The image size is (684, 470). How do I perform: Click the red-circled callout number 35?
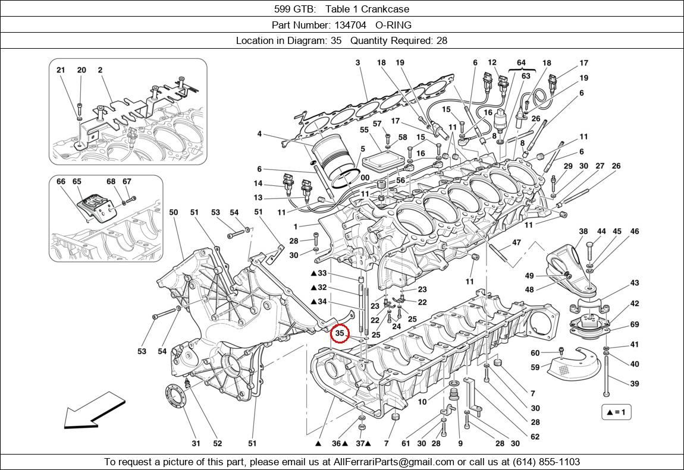340,334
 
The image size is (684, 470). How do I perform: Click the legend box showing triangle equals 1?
616,412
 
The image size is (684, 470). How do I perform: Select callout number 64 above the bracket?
521,63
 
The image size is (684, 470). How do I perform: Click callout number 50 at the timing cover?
173,212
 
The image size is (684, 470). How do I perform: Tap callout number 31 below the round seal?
196,443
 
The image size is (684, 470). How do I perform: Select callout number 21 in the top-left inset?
61,70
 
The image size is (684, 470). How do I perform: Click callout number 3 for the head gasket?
358,63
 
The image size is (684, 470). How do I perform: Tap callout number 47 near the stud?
516,242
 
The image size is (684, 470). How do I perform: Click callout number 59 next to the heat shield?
535,367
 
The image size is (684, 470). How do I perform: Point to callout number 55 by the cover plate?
364,130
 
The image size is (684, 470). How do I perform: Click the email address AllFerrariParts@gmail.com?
394,462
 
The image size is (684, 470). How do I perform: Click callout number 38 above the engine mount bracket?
583,232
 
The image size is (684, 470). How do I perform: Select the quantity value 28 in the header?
441,41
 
